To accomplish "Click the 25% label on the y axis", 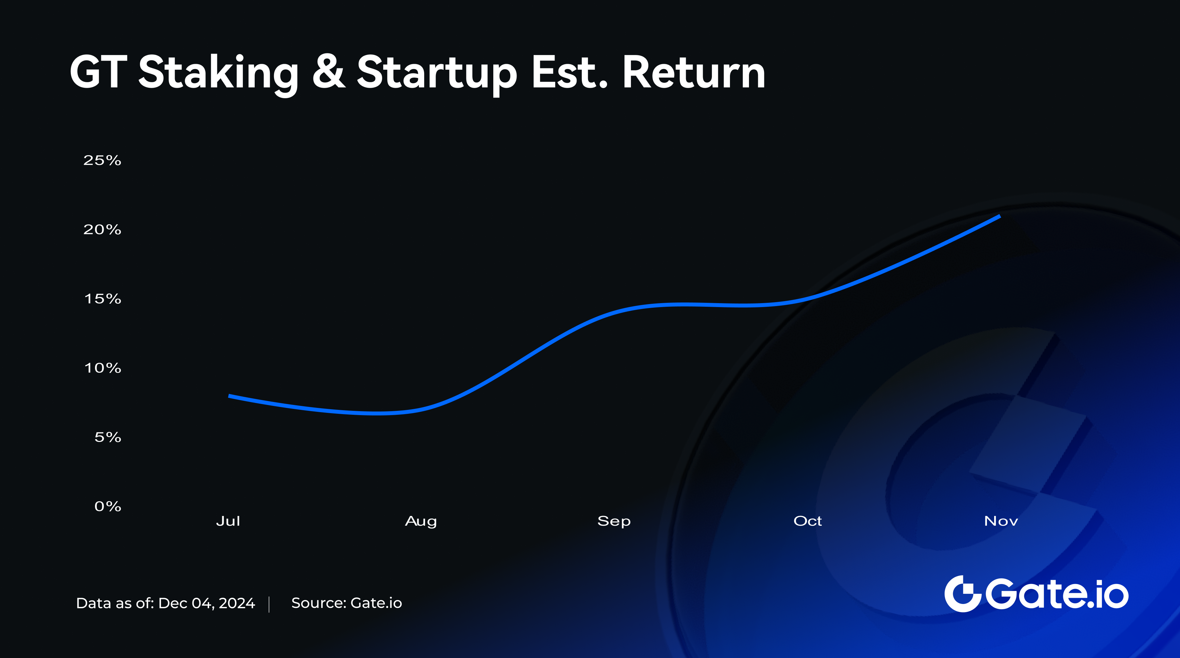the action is [x=102, y=160].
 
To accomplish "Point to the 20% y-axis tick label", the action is [x=102, y=229].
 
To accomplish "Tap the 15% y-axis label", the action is [x=103, y=299].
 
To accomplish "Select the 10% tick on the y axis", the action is [x=103, y=368].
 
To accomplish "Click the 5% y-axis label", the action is [x=108, y=437].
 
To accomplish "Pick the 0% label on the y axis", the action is [x=108, y=506].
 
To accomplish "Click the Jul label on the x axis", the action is [x=228, y=521].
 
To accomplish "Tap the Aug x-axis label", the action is [x=421, y=521].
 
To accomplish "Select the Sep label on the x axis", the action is [x=614, y=521].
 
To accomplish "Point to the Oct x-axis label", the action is [x=808, y=521].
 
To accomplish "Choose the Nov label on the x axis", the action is [x=1001, y=521].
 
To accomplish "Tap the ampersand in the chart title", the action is [x=328, y=72].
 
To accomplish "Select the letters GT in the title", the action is [x=98, y=72].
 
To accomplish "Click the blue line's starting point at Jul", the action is [x=229, y=396].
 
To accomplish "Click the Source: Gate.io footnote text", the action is [x=347, y=603].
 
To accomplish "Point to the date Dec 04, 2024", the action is [x=206, y=603].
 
